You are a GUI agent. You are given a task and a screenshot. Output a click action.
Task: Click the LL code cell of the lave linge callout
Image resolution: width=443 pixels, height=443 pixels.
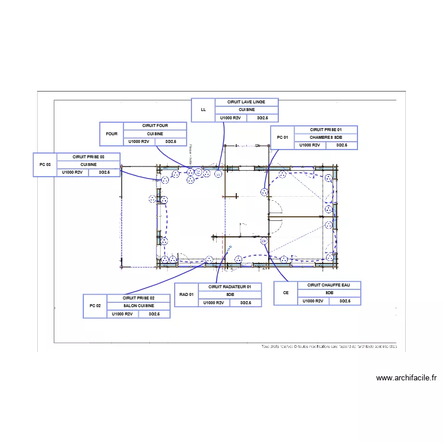point(203,110)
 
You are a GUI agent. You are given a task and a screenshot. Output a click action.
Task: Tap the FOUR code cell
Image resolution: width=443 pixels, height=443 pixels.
point(112,133)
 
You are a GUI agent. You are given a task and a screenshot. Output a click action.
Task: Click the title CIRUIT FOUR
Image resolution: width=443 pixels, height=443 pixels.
point(155,126)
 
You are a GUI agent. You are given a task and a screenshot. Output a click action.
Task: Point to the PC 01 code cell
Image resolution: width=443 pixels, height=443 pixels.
point(282,138)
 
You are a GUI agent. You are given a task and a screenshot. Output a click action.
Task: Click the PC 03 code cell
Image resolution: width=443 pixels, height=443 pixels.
point(44,165)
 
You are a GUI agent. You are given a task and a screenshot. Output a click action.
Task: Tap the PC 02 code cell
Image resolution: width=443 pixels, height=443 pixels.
point(95,306)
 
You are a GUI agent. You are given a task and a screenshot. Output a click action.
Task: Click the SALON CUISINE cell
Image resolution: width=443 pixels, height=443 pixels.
point(138,306)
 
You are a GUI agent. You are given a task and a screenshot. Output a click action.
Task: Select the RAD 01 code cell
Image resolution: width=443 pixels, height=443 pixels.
point(187,295)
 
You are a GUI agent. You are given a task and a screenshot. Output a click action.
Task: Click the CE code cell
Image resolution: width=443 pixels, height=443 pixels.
point(286,293)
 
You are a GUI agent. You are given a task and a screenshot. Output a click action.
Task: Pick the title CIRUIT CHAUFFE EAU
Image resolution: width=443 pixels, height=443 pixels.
point(329,285)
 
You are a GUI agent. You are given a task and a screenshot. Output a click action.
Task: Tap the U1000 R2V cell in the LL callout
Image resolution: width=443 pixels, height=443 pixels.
point(230,118)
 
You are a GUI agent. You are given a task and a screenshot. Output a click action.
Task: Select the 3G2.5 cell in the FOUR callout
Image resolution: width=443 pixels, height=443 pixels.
point(171,142)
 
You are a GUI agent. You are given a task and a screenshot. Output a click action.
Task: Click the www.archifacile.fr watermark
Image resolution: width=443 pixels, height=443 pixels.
point(406,378)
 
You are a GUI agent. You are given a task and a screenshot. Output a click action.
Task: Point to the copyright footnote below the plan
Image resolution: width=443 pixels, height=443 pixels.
point(329,347)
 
